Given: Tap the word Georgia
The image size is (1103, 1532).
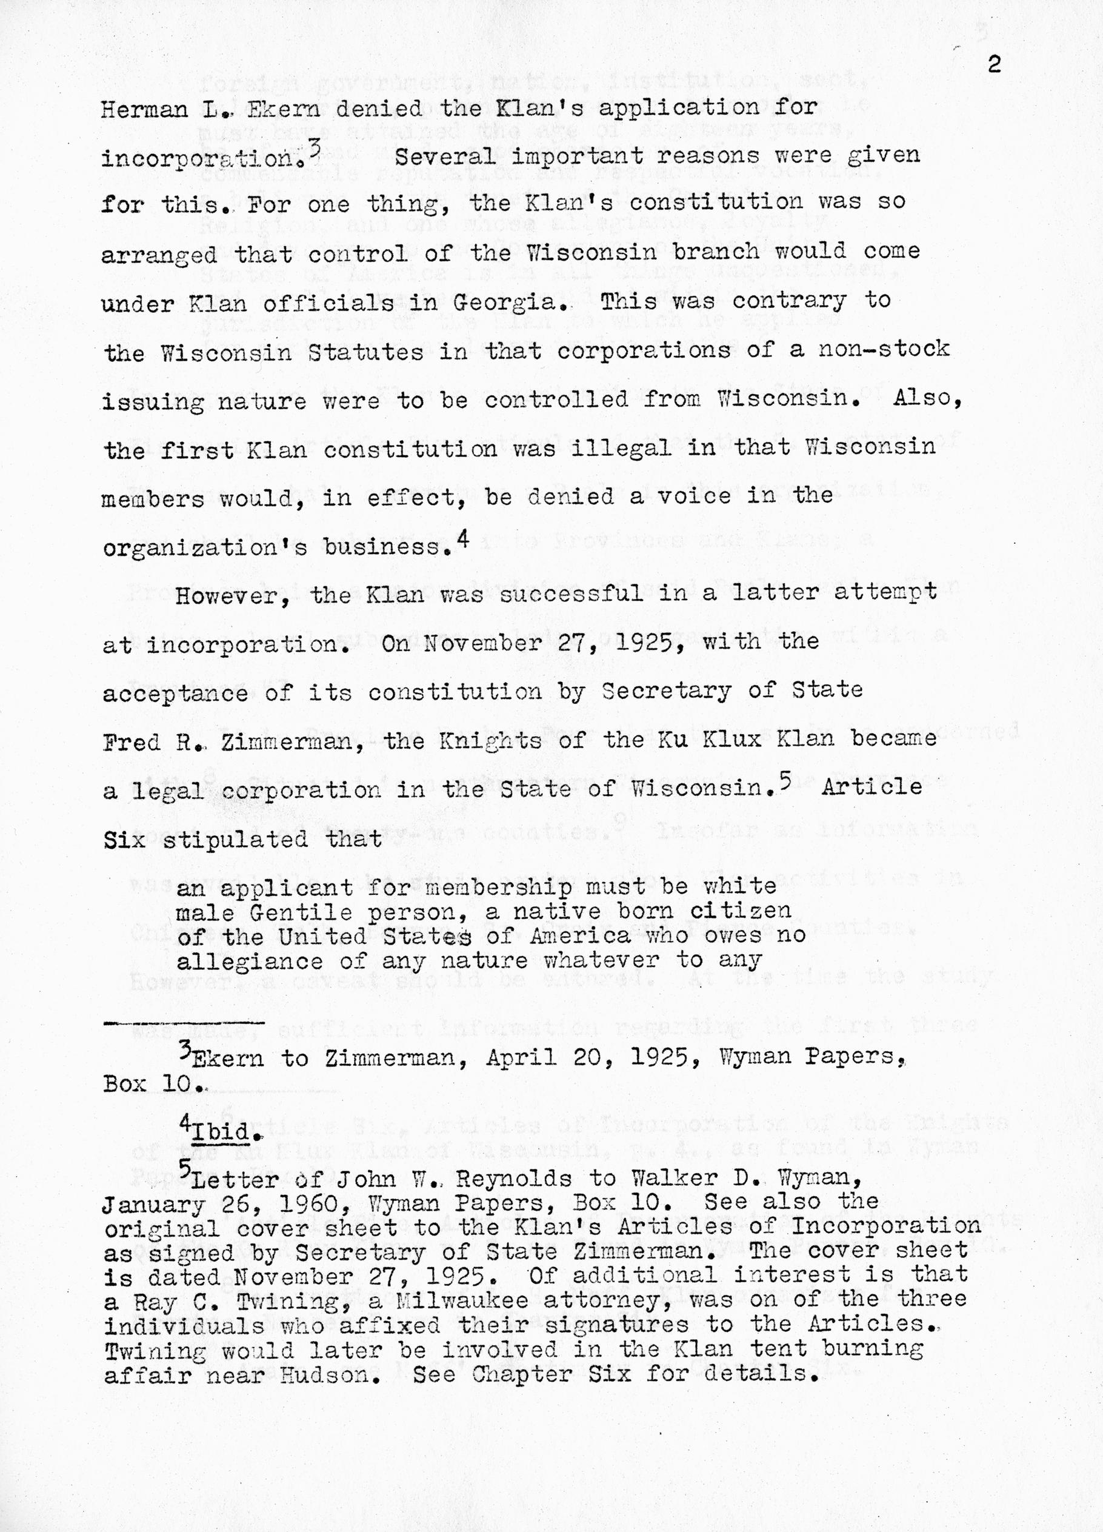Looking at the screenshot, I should point(508,302).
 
